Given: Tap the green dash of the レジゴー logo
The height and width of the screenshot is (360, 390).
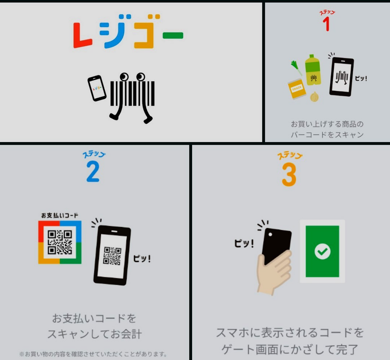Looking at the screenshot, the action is point(173,35).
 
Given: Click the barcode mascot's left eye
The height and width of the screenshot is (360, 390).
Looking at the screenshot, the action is point(124,77).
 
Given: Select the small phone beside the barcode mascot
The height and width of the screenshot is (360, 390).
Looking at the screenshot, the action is point(97,88).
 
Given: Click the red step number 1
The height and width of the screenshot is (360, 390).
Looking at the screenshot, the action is point(326,24).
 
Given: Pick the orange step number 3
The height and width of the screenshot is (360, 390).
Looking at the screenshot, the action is point(289,174).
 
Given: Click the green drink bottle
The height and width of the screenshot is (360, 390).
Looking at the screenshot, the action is point(313,70).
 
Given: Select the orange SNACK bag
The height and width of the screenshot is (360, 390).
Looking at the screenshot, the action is point(297,89).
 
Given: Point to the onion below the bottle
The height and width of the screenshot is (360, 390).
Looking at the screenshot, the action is point(314,97).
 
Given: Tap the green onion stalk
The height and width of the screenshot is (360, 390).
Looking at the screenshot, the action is point(296,68).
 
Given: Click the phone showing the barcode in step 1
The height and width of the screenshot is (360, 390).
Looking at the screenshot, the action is point(342,77).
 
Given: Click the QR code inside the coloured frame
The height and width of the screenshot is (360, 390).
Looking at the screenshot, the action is point(60,242).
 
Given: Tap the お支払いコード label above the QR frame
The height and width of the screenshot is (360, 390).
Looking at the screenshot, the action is point(60,216).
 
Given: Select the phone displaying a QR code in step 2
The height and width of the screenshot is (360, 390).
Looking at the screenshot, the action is point(112,255).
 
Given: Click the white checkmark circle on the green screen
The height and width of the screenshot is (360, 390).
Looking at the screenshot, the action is point(322,251).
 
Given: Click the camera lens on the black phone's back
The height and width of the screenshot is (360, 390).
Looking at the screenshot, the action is point(270,234).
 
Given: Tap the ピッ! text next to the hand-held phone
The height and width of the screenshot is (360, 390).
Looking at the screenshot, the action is point(244,244).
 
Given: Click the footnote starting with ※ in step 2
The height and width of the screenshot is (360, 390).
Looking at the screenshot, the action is point(93,354).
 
